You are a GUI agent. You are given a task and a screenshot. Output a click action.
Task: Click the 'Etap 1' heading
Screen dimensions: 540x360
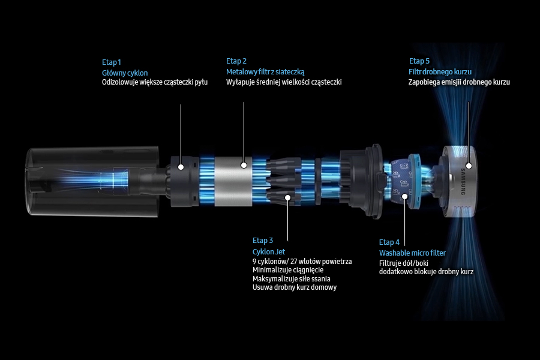[x=111, y=62]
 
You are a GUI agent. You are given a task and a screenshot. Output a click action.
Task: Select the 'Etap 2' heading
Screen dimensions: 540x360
[x=236, y=61]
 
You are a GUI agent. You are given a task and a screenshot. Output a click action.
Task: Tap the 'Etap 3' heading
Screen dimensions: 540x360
[x=263, y=241]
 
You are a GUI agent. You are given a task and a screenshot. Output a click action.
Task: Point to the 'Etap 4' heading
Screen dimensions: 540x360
[x=389, y=242]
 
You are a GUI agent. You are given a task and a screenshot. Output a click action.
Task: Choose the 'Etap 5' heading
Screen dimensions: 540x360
[x=419, y=61]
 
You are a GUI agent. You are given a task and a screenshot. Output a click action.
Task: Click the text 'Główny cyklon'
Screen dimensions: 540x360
[x=125, y=73]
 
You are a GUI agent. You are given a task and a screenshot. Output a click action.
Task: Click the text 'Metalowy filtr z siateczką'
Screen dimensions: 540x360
[x=265, y=72]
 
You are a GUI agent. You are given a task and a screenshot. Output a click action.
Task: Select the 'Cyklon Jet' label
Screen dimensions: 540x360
[x=269, y=252]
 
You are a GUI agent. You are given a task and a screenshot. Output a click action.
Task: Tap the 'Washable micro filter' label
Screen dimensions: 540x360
[x=412, y=253]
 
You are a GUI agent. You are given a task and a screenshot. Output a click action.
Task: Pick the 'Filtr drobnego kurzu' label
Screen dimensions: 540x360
[x=440, y=72]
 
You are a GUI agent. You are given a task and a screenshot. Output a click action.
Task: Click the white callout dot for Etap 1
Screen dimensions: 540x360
[x=181, y=167]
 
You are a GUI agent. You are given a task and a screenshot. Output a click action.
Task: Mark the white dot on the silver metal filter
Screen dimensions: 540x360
[x=244, y=166]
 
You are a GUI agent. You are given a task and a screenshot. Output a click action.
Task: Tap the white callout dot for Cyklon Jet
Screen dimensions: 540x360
[x=287, y=197]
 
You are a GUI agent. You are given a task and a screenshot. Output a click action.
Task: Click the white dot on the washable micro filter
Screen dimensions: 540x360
[x=405, y=197]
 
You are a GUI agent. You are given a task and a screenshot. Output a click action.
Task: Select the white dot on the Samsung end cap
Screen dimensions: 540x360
[x=469, y=166]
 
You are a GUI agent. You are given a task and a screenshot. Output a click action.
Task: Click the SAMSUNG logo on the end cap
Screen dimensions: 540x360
[x=463, y=182]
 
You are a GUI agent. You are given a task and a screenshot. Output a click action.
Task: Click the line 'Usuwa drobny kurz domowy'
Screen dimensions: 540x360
[x=295, y=287]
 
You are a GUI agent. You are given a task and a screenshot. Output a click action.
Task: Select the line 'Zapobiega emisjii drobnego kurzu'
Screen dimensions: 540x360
[x=459, y=82]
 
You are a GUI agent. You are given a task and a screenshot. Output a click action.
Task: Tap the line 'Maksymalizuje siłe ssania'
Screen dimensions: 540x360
[x=292, y=278]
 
